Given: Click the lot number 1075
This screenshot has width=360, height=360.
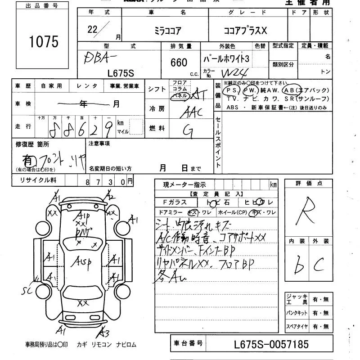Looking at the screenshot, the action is click(44, 42).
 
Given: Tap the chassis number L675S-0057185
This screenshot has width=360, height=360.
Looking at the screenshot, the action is click(271, 345).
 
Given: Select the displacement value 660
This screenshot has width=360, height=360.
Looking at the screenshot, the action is click(178, 62).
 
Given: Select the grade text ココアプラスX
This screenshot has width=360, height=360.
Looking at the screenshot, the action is click(245, 31).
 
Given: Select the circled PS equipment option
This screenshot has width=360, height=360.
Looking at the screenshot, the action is click(234, 90).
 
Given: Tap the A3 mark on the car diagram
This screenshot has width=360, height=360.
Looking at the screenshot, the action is click(105, 333).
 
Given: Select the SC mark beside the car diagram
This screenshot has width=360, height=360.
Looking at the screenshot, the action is click(28, 292).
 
